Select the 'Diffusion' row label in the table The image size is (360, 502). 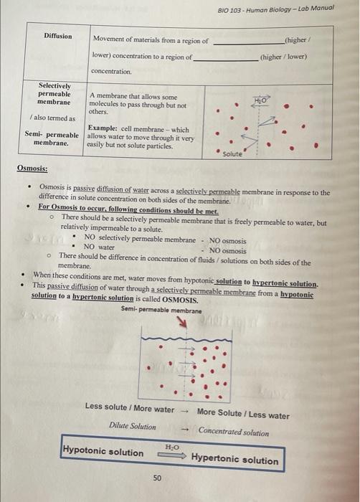coord(57,36)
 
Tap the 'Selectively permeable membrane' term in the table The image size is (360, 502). coord(55,94)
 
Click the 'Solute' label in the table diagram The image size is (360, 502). coord(232,154)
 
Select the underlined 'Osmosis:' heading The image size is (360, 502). coord(32,169)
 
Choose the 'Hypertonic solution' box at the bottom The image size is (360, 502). coord(235,460)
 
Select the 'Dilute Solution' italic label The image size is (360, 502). coord(132,426)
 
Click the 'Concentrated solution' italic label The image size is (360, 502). coord(234,432)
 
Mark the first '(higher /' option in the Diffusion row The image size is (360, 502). coord(298,40)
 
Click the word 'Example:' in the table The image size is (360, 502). coord(103,129)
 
